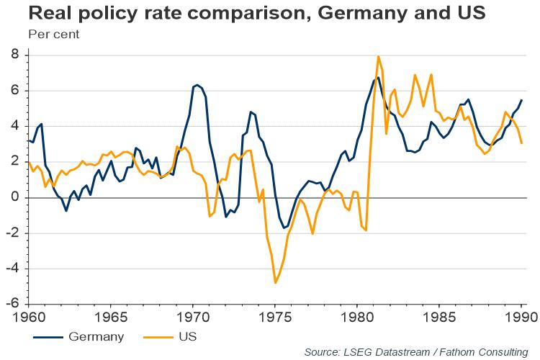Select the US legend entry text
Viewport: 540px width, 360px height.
[x=188, y=336]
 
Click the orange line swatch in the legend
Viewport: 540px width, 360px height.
[x=153, y=336]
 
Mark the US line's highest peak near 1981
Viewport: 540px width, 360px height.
[x=379, y=56]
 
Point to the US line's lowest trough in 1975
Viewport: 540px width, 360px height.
[x=275, y=283]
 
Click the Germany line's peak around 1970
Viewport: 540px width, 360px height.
[x=197, y=85]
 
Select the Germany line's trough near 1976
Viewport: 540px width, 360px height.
[x=284, y=228]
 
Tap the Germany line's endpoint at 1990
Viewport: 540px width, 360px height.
[x=521, y=100]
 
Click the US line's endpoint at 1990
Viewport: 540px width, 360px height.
[x=521, y=143]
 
